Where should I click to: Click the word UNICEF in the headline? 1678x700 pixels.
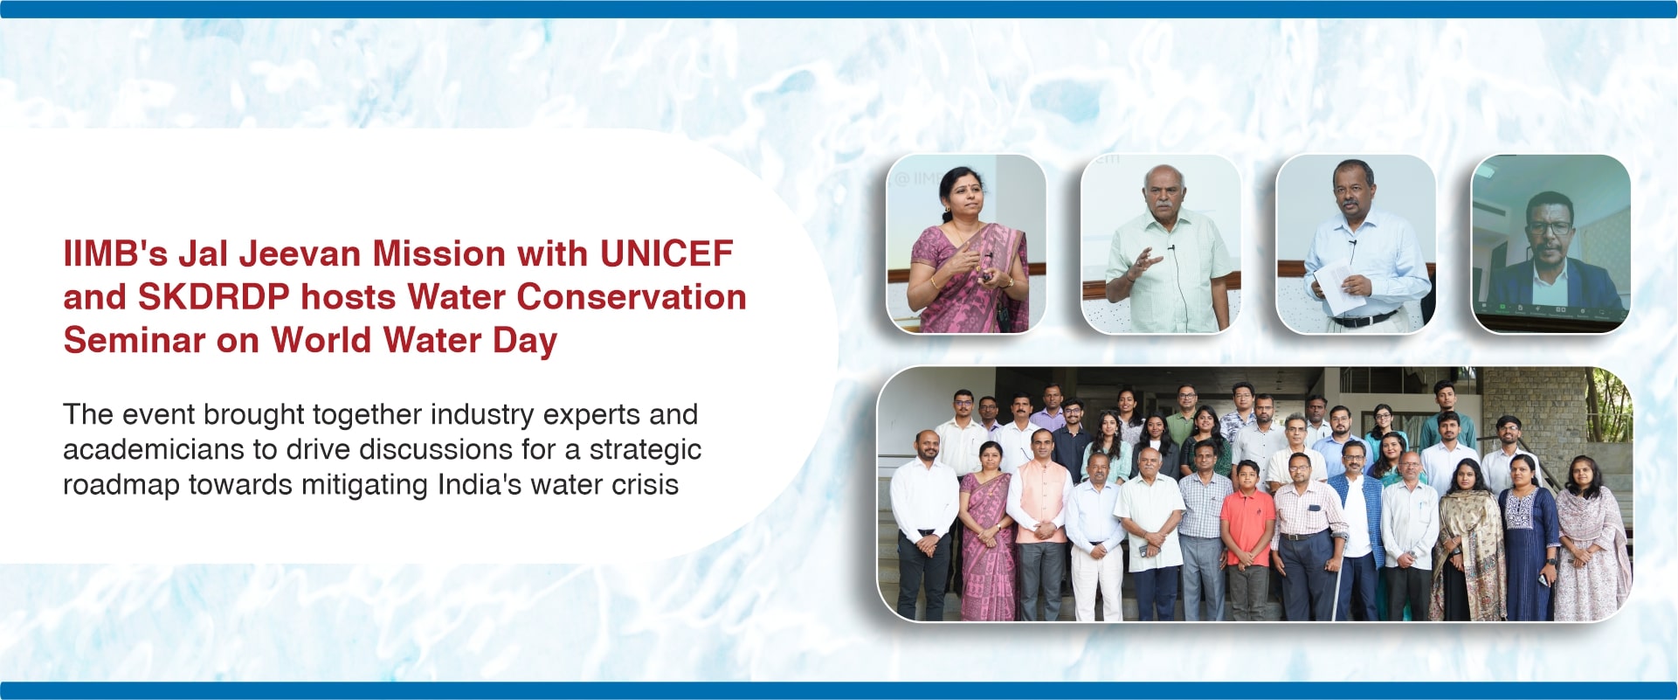point(666,254)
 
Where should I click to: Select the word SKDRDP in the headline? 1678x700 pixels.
point(213,297)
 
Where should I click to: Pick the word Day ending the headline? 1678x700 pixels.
point(525,342)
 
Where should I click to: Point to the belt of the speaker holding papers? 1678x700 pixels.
point(1363,318)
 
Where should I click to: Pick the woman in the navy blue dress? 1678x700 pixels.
point(1528,537)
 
